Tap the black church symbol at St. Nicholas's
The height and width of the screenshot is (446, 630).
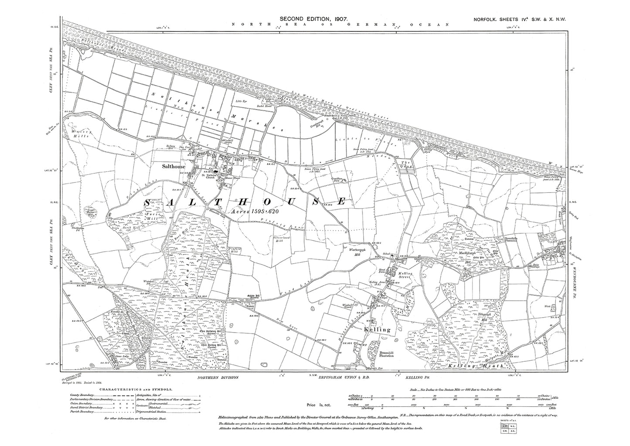click(215, 172)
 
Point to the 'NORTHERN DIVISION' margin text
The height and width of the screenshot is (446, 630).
click(218, 377)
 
